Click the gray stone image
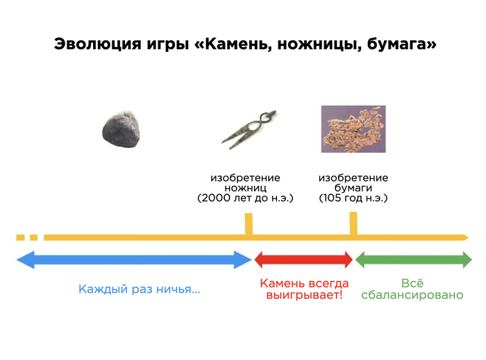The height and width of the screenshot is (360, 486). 121,129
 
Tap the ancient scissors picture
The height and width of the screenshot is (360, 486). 249,129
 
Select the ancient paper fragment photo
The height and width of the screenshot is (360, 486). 353,129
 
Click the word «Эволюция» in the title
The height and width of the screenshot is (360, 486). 98,44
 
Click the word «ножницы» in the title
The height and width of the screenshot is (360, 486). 319,44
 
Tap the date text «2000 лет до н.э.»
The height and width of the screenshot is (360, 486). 245,198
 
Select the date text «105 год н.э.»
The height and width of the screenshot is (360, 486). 353,198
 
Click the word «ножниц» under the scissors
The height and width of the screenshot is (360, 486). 245,188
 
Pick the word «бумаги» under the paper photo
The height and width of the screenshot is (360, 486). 353,188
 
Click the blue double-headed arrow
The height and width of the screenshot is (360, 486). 134,259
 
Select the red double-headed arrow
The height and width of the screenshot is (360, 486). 303,259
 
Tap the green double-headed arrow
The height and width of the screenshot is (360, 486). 414,259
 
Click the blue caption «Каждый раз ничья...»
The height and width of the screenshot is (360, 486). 139,289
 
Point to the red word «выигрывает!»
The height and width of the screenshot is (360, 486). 304,295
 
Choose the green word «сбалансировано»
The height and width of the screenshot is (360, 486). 412,295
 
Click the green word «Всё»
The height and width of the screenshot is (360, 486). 412,283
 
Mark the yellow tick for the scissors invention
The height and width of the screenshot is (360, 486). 249,224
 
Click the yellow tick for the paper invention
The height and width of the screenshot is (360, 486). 353,223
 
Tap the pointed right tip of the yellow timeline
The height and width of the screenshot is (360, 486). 469,238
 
